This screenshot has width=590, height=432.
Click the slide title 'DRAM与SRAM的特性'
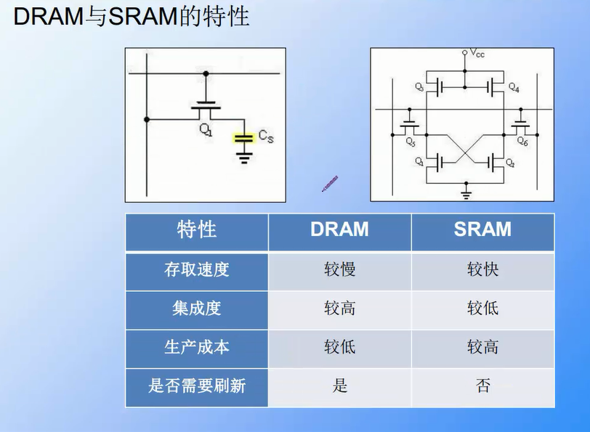(x=131, y=16)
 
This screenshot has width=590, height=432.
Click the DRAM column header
(x=339, y=230)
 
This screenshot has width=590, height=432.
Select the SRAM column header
(x=482, y=230)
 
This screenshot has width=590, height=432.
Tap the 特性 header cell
(x=197, y=230)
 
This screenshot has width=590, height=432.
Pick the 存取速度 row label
(x=197, y=270)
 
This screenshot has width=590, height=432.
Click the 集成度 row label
(x=197, y=309)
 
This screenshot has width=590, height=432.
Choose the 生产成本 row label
(x=197, y=347)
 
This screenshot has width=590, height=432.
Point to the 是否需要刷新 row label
(x=197, y=386)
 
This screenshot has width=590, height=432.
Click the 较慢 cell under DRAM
(x=339, y=270)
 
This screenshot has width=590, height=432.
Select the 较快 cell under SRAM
(x=482, y=270)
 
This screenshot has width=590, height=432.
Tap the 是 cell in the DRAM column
(x=339, y=386)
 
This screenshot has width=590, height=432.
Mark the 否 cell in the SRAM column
(x=482, y=386)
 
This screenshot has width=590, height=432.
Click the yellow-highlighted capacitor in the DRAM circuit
(x=243, y=138)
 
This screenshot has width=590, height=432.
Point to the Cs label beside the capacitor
(x=266, y=135)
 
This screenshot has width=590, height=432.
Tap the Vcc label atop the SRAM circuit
(x=477, y=54)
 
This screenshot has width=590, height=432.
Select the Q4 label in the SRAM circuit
(x=514, y=88)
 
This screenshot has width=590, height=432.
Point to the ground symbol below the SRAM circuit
(x=466, y=192)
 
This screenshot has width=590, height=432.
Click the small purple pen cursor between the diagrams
(x=330, y=184)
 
